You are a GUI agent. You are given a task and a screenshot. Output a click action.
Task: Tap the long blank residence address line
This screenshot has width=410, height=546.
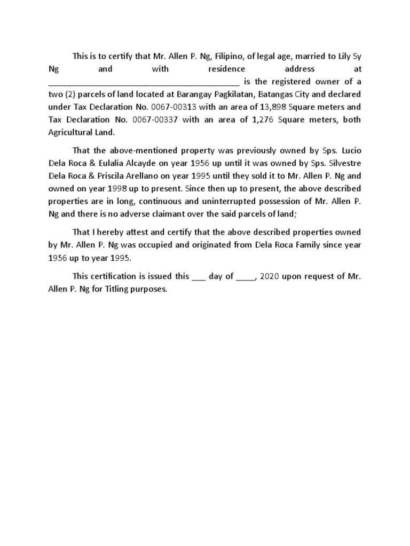pyautogui.click(x=144, y=82)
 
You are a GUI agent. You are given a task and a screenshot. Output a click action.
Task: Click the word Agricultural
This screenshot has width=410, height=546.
pyautogui.click(x=69, y=133)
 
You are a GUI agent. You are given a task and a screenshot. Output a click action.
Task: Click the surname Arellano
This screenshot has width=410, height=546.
pyautogui.click(x=156, y=176)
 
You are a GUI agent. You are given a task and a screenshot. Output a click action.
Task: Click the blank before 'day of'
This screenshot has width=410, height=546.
pyautogui.click(x=198, y=277)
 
